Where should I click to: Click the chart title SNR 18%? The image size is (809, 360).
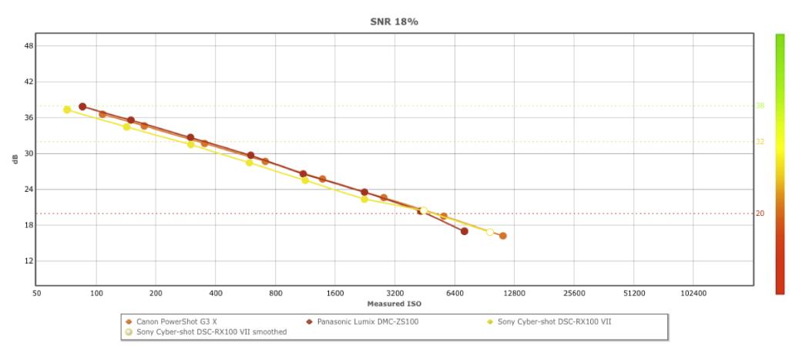(394, 22)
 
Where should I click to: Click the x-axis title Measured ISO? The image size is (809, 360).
(394, 304)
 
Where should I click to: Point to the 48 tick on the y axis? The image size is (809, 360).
(29, 45)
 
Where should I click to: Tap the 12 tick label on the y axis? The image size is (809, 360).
(29, 261)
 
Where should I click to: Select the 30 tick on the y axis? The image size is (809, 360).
(29, 153)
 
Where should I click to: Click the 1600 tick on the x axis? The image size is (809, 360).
(335, 294)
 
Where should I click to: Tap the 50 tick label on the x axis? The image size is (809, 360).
(37, 294)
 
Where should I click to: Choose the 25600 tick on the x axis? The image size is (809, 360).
(574, 294)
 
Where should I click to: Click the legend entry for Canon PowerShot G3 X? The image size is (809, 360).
(176, 321)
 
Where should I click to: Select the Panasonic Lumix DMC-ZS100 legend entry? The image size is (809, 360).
(362, 321)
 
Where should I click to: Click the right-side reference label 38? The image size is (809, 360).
(760, 106)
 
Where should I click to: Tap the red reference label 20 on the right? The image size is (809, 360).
(760, 214)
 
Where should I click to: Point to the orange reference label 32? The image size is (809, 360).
(760, 142)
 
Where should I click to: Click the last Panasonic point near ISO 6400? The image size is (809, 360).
(465, 231)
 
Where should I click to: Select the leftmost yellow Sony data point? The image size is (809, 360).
(67, 109)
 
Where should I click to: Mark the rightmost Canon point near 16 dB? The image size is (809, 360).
(503, 236)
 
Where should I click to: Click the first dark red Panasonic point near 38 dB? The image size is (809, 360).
(82, 106)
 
